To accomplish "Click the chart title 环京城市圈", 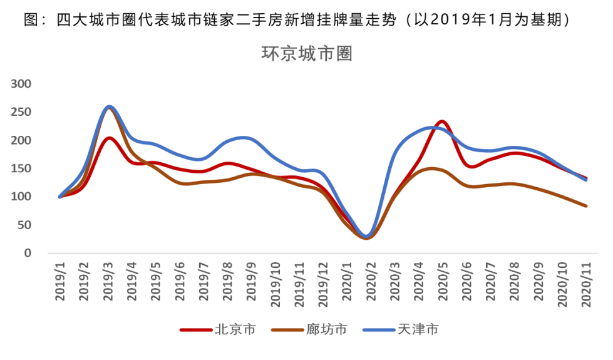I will (307, 54).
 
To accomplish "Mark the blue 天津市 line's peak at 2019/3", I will (109, 107).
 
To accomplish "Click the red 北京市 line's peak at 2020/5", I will (441, 121).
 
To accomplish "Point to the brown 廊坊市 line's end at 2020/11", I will (586, 205).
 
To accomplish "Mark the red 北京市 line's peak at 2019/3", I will (109, 138).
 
